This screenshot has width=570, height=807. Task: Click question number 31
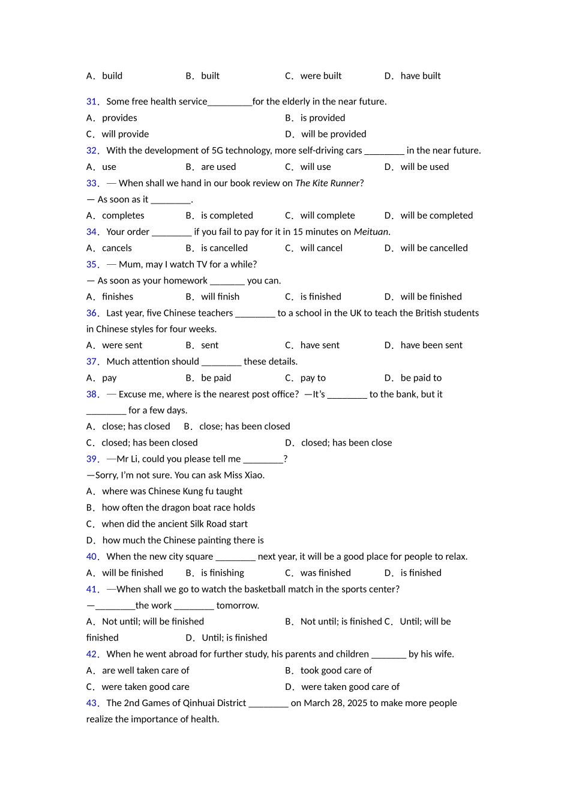point(92,101)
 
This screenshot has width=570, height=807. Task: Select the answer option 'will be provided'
point(333,134)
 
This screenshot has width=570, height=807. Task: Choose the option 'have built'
point(420,76)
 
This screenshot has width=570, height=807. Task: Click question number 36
point(92,313)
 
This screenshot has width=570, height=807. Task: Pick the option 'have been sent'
point(431,345)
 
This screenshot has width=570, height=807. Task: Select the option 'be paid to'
point(421,378)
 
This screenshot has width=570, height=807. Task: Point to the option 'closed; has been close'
point(346,443)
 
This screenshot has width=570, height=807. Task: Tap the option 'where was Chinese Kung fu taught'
point(172,491)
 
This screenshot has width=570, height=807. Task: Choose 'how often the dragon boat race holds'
point(178,507)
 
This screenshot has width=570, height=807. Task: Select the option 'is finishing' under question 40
point(222,573)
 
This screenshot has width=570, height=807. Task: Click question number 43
point(92,703)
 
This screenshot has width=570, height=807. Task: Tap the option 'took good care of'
point(335,670)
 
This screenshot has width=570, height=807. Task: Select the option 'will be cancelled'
point(434,248)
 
